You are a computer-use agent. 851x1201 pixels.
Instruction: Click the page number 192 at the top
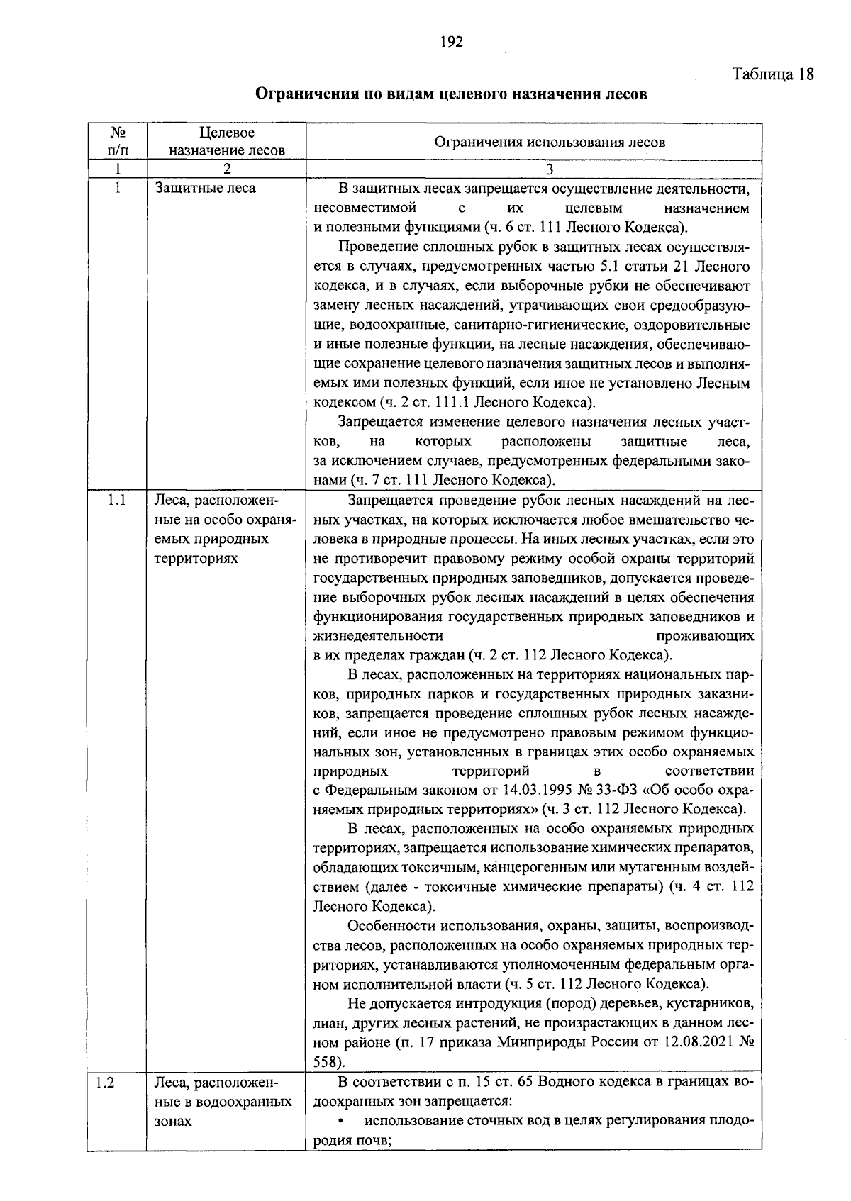click(451, 42)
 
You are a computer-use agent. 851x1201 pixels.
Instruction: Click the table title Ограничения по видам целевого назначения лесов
click(451, 94)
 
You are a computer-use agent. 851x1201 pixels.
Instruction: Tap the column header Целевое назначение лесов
click(227, 142)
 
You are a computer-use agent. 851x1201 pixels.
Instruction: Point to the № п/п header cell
click(118, 142)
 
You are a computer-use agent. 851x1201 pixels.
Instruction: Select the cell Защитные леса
click(205, 189)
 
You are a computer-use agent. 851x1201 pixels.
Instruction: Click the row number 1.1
click(118, 501)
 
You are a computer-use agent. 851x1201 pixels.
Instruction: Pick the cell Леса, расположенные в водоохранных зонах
click(223, 1102)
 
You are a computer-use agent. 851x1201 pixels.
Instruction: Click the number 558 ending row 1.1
click(326, 1062)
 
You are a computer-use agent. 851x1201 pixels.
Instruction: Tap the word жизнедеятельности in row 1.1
click(378, 635)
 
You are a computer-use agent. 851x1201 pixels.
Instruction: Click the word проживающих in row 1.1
click(706, 635)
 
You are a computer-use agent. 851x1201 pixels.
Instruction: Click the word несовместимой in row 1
click(364, 208)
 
